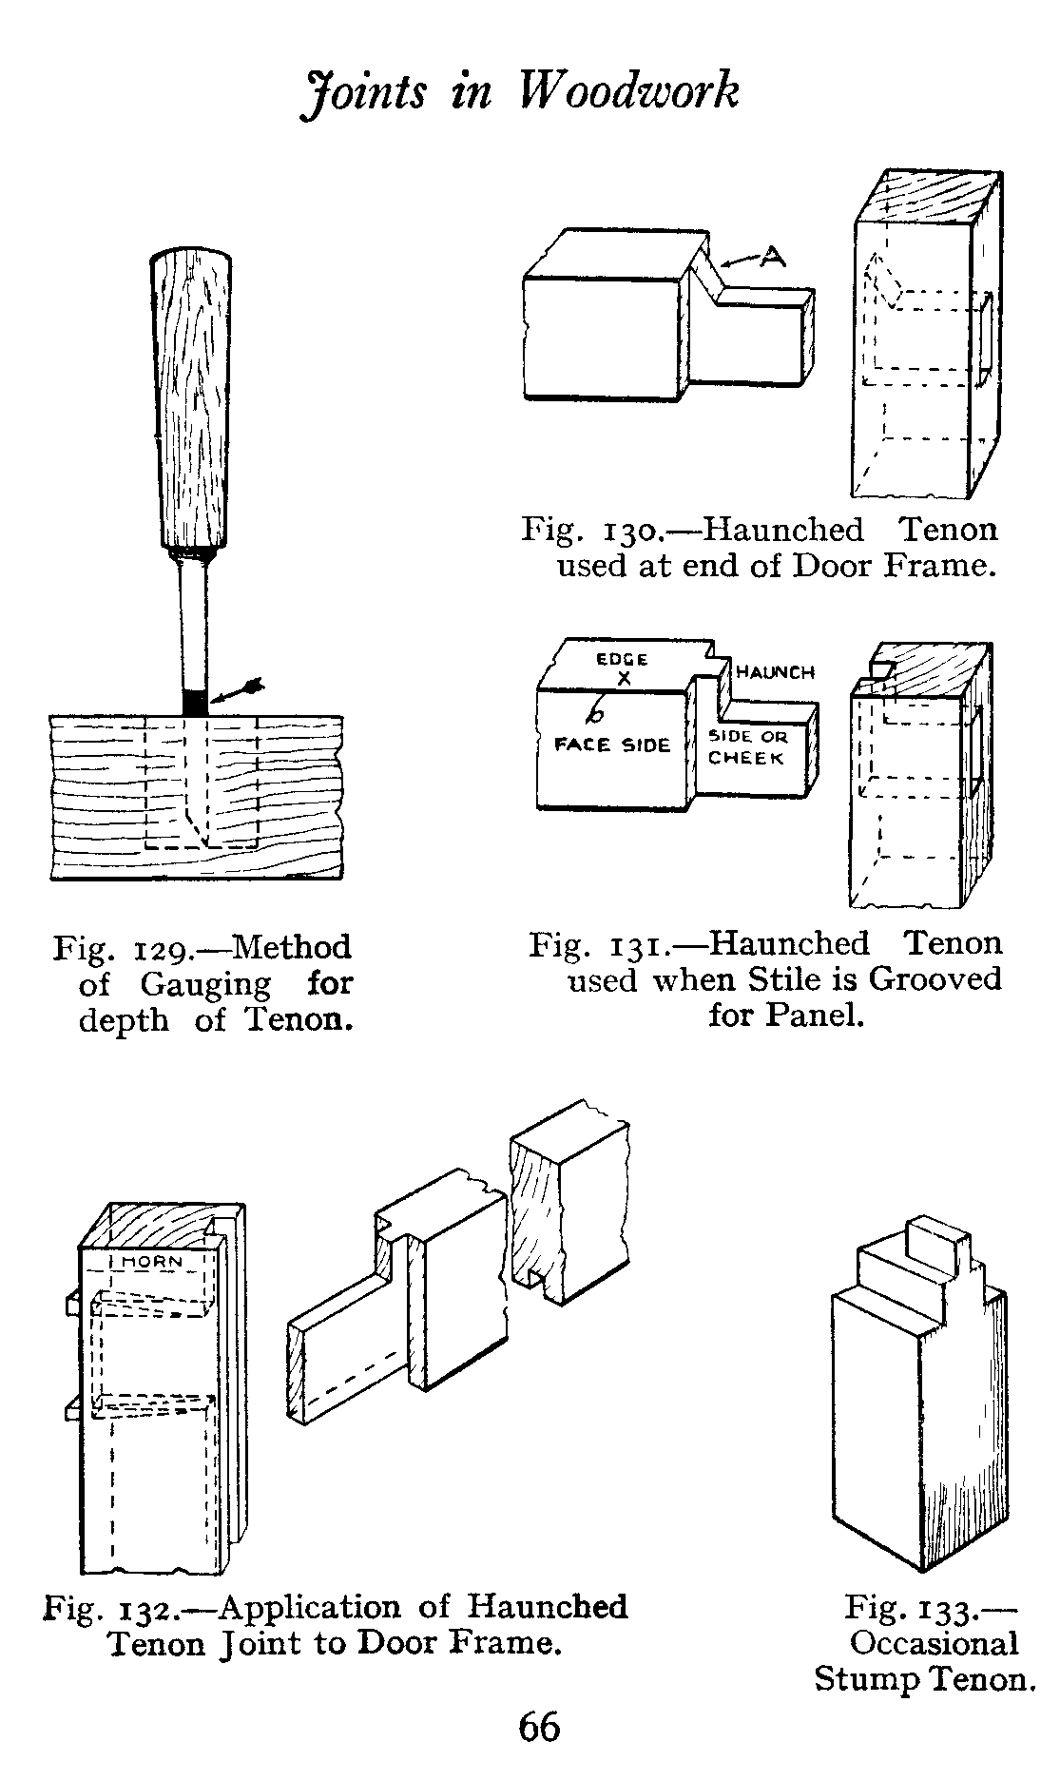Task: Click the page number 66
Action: (x=539, y=1727)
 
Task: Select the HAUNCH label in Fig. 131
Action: (x=775, y=672)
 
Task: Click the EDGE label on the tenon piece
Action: (x=623, y=659)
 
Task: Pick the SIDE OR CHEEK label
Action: (x=747, y=747)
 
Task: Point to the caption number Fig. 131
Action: (x=592, y=944)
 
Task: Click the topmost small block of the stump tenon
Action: (x=935, y=1237)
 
